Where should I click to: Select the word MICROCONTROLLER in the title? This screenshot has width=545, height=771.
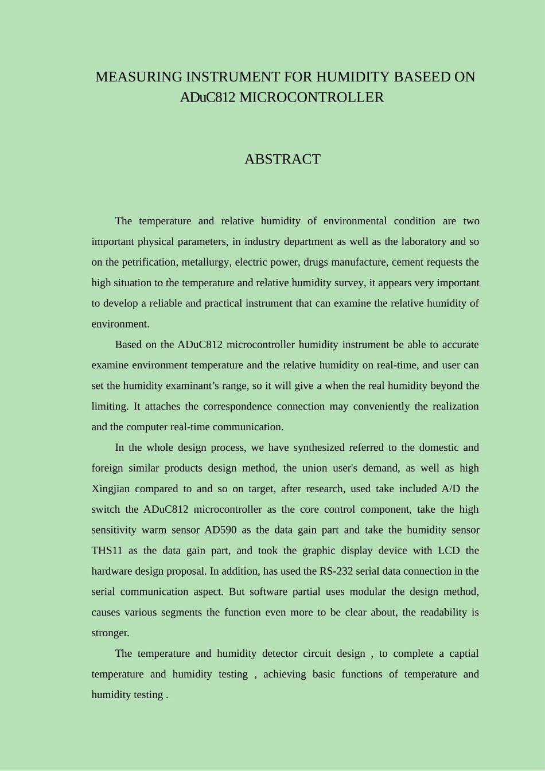pos(311,98)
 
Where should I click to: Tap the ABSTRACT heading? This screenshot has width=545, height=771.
pos(282,159)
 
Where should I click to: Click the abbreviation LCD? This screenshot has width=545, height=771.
pos(449,551)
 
